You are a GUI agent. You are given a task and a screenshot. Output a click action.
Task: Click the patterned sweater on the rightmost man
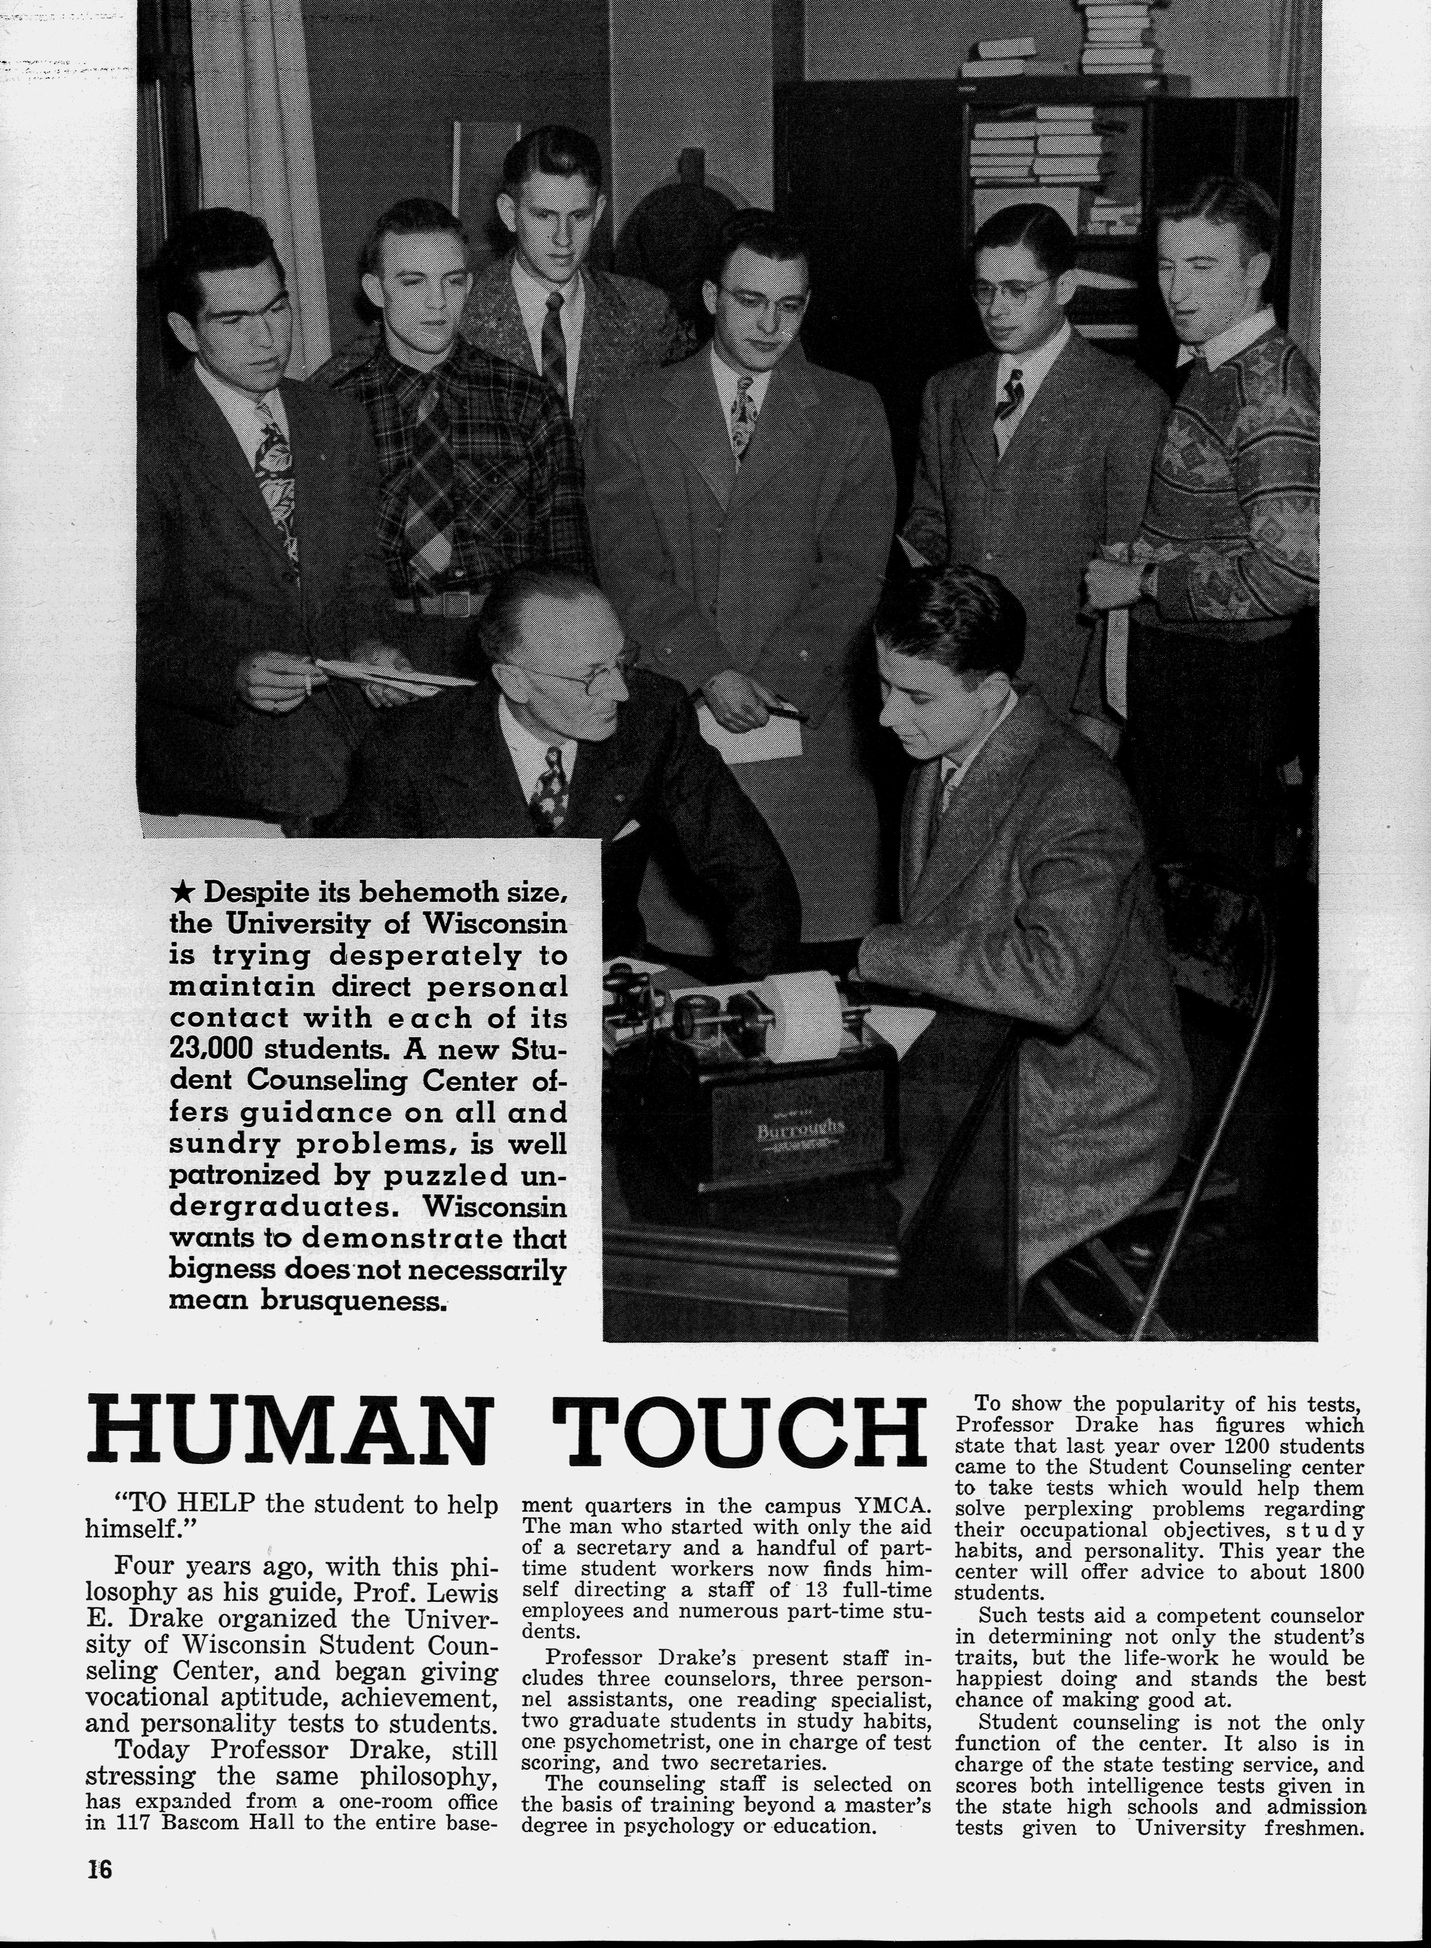pyautogui.click(x=1230, y=468)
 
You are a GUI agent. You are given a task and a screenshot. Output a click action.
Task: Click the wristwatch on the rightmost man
pyautogui.click(x=1145, y=576)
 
